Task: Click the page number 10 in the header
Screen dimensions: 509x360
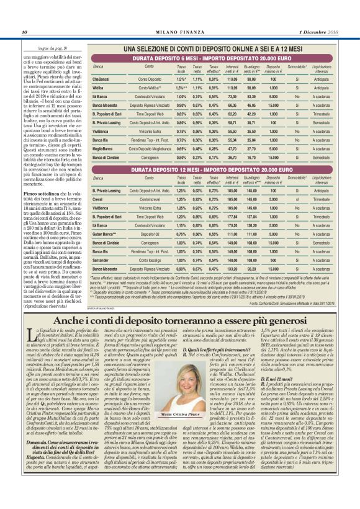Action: tap(24, 32)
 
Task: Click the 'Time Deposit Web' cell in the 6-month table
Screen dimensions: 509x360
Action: tap(149, 115)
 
